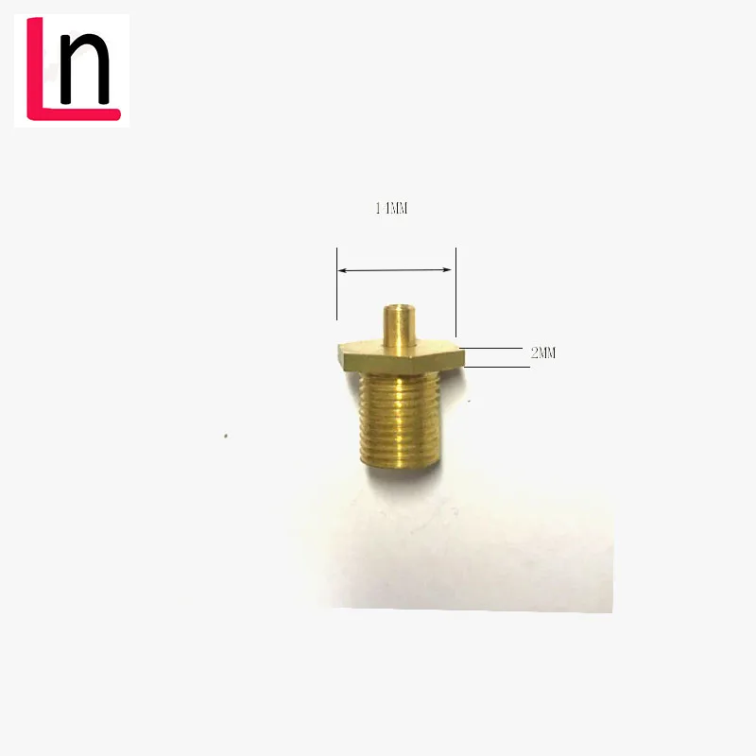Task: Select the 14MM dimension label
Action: (390, 209)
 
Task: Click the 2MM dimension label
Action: (543, 353)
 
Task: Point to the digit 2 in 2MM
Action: (535, 353)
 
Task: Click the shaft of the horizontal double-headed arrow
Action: (396, 270)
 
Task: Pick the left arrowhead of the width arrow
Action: (344, 271)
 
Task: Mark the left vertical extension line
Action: (336, 283)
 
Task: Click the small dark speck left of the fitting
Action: (225, 436)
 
